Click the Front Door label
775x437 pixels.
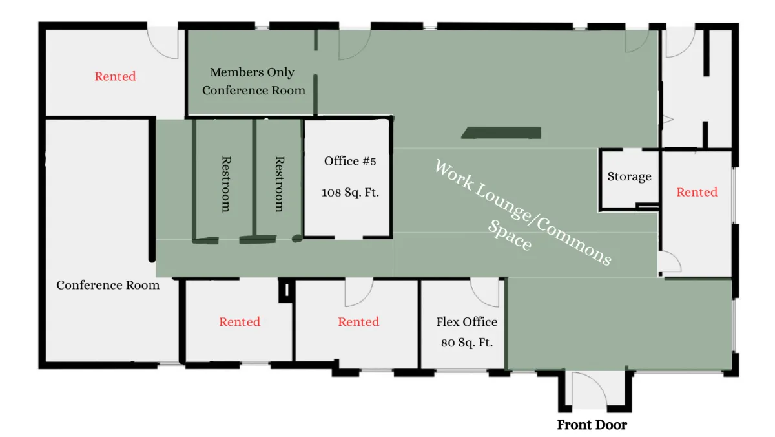592,425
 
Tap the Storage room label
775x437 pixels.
629,176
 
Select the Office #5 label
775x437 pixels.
350,161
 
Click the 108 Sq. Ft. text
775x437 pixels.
350,192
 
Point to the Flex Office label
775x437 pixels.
467,322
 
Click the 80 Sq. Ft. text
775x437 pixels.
467,343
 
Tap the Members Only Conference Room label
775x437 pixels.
254,81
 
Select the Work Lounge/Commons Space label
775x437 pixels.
522,212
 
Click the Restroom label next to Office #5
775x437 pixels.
279,184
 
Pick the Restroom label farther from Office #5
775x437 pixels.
226,184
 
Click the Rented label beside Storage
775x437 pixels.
697,192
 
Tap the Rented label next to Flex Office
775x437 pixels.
358,322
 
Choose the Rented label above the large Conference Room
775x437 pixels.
115,76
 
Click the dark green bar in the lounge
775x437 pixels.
501,133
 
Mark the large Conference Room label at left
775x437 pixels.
108,285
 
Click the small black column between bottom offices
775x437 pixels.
287,290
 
